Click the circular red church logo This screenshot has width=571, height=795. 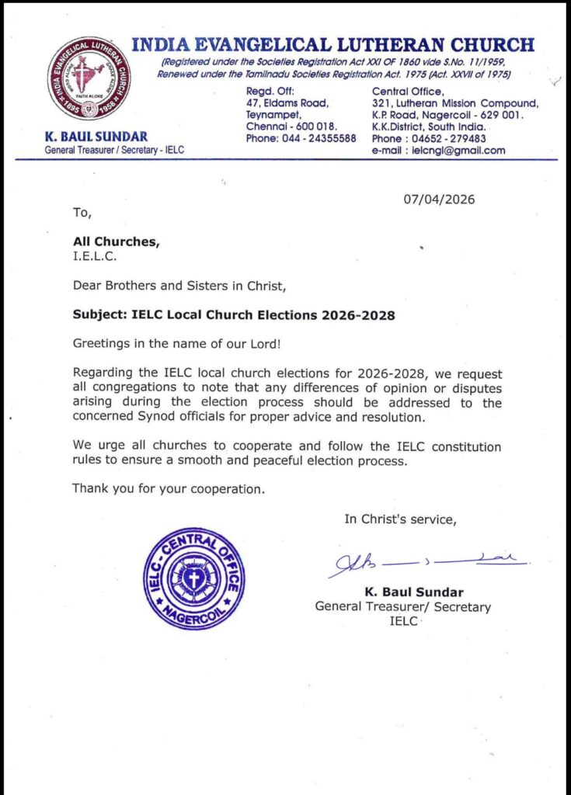point(89,78)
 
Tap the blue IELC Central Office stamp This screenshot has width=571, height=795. point(194,578)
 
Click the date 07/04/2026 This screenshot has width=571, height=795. point(439,200)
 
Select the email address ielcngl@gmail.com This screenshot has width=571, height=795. point(458,151)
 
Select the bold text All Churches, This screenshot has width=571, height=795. point(116,242)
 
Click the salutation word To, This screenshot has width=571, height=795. point(82,212)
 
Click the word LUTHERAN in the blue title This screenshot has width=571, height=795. point(388,45)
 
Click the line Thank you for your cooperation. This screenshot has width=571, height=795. point(169,489)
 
